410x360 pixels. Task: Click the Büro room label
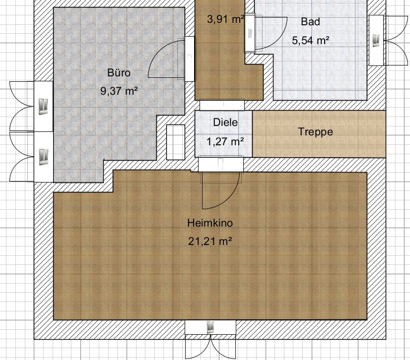119,72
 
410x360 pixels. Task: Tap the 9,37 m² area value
119,91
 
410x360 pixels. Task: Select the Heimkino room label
210,223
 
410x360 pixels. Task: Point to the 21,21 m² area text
210,241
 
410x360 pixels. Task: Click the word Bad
310,21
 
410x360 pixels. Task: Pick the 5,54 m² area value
310,41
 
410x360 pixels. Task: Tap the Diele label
225,122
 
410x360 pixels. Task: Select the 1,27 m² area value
225,142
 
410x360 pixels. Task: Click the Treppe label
315,131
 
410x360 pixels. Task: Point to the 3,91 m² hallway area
226,19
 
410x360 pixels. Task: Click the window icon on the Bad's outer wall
376,41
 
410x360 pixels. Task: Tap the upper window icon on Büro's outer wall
43,106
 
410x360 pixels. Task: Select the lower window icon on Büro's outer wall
43,157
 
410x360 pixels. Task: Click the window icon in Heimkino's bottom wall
210,327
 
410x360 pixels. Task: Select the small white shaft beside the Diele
176,142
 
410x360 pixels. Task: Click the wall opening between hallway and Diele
222,105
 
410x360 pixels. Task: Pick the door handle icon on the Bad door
250,33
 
